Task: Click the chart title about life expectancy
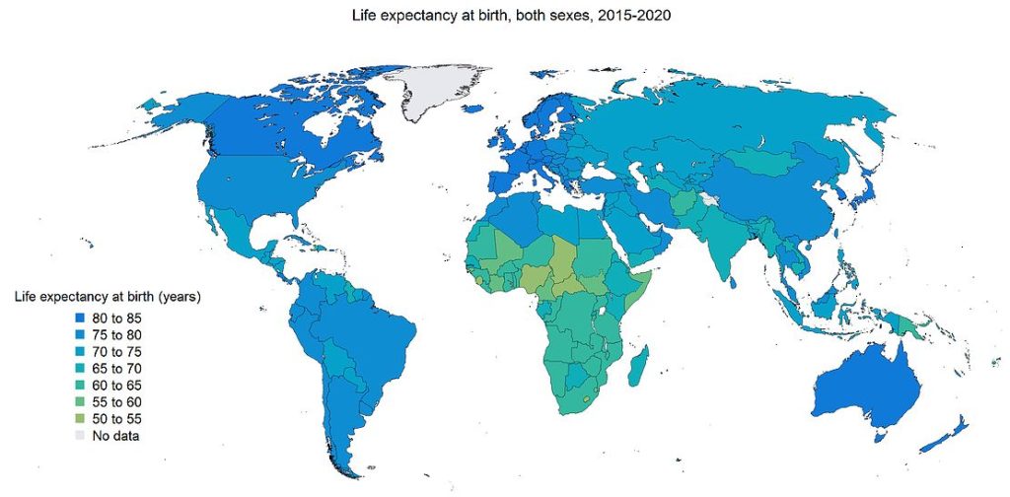(x=504, y=17)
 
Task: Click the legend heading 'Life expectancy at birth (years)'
(x=108, y=297)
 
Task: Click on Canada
(x=266, y=138)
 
